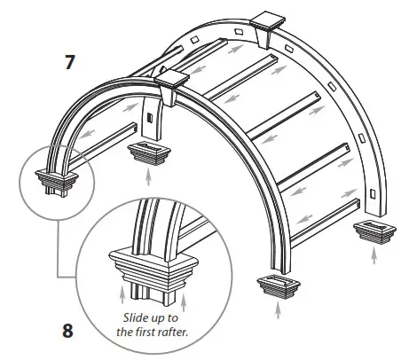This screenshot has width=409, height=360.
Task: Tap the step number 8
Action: click(68, 336)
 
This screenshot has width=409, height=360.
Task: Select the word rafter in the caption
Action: click(185, 333)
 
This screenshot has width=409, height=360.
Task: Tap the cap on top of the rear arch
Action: click(267, 23)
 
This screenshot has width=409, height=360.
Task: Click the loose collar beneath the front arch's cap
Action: click(141, 153)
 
